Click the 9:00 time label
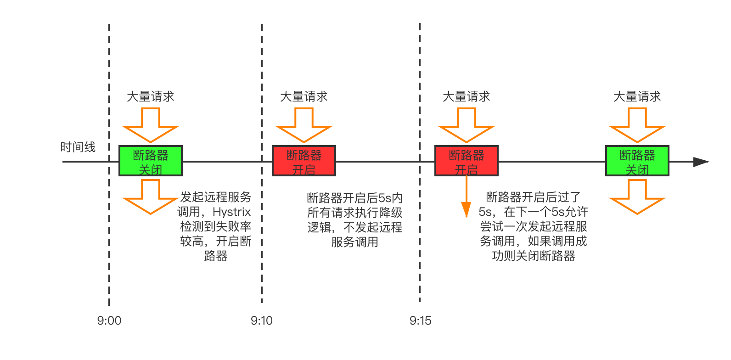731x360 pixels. tap(109, 321)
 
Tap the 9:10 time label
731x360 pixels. tap(262, 321)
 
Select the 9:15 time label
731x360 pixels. tap(420, 321)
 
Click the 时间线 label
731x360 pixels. tap(78, 147)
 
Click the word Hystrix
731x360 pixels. tap(232, 212)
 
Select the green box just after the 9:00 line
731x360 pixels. tap(151, 161)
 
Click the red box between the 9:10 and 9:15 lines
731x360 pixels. tap(304, 161)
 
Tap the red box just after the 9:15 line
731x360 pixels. tap(467, 161)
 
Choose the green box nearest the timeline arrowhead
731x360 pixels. tap(637, 161)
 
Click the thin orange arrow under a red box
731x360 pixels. tap(467, 197)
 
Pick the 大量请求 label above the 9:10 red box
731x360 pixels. tap(304, 96)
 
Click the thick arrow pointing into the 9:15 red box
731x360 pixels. tap(467, 125)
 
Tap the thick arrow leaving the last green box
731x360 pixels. tap(637, 196)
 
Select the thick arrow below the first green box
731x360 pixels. tap(151, 196)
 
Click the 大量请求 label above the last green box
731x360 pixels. tap(637, 96)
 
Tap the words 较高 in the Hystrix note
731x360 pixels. tap(191, 241)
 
